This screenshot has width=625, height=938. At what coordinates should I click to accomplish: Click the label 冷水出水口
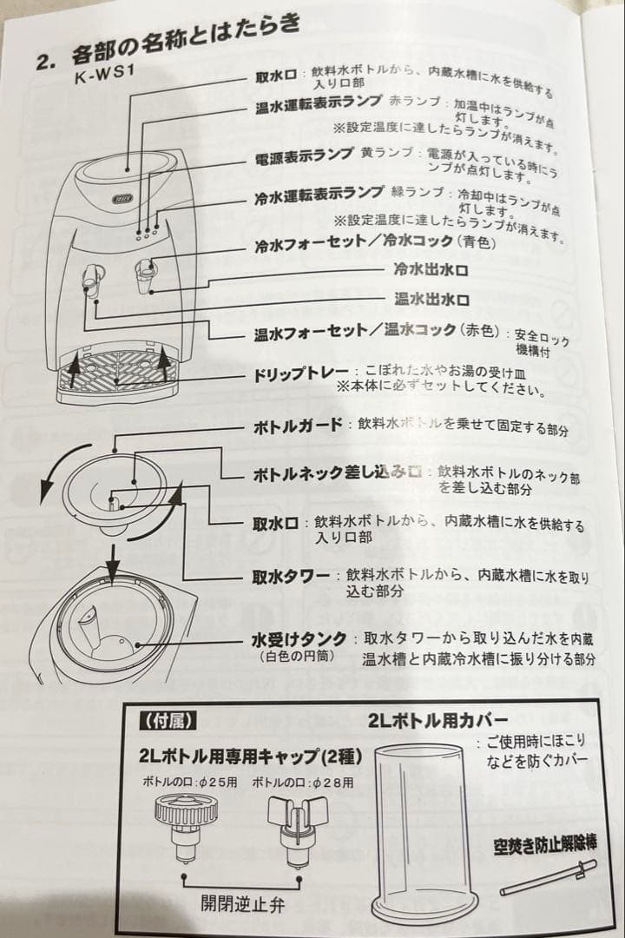(x=431, y=270)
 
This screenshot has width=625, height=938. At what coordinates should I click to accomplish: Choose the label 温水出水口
(x=431, y=299)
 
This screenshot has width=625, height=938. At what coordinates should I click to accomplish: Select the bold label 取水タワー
(x=291, y=576)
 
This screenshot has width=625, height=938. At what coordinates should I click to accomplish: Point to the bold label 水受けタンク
(x=299, y=639)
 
